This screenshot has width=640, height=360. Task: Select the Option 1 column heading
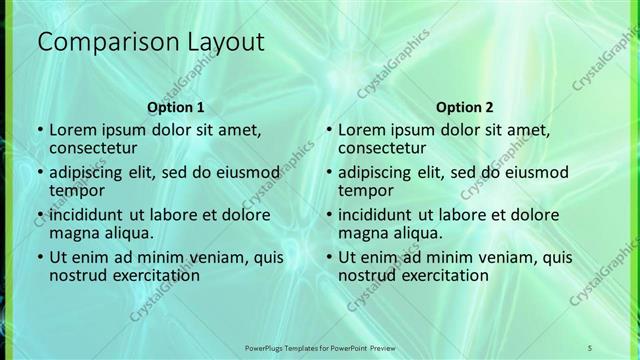point(176,107)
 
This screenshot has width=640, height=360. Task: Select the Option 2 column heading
point(466,107)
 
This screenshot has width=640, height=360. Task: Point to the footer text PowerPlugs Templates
point(290,346)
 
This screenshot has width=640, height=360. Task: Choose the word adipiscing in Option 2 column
point(378,171)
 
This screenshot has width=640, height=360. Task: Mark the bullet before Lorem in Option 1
point(39,130)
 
